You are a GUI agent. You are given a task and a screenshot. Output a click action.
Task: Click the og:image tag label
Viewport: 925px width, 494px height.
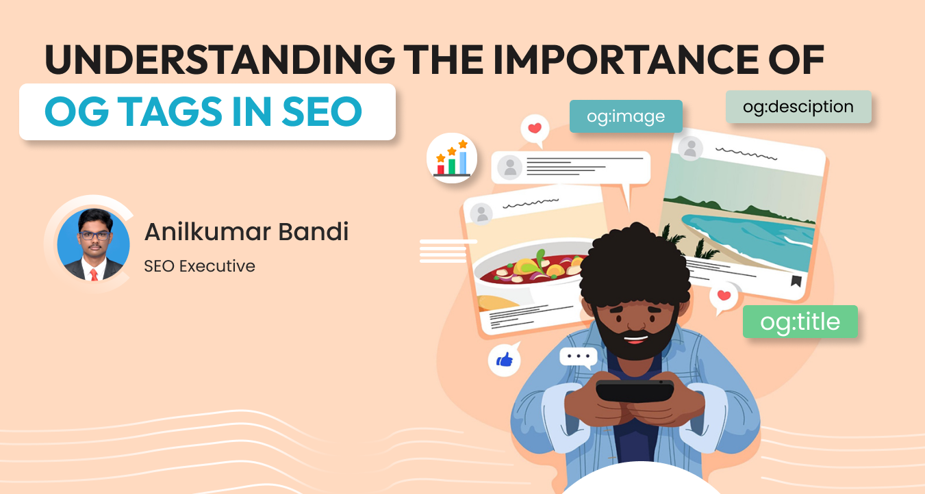(626, 116)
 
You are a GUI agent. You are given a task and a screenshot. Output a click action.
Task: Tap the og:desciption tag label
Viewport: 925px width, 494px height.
(798, 107)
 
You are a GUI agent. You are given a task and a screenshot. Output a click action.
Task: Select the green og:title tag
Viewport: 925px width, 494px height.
(800, 322)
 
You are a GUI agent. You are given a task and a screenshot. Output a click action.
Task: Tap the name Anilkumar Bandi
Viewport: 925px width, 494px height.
(246, 231)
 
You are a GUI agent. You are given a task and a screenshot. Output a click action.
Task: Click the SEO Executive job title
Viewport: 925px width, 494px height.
(199, 265)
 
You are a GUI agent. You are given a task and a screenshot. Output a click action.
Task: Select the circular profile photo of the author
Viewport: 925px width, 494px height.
(93, 244)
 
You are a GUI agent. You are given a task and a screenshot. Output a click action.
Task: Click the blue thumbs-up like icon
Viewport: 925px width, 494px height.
(504, 360)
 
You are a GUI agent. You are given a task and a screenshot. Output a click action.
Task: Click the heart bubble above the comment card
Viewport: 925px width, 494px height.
(535, 129)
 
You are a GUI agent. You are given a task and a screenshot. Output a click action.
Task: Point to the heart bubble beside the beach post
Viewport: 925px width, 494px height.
(724, 297)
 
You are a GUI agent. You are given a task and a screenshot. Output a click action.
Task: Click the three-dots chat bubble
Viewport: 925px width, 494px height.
(578, 356)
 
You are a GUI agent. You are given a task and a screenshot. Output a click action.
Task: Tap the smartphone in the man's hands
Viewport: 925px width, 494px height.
(634, 391)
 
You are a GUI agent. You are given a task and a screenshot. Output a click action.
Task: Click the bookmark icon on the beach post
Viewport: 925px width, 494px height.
(796, 281)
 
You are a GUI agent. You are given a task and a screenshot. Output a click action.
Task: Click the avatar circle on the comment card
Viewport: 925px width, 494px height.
(509, 167)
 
